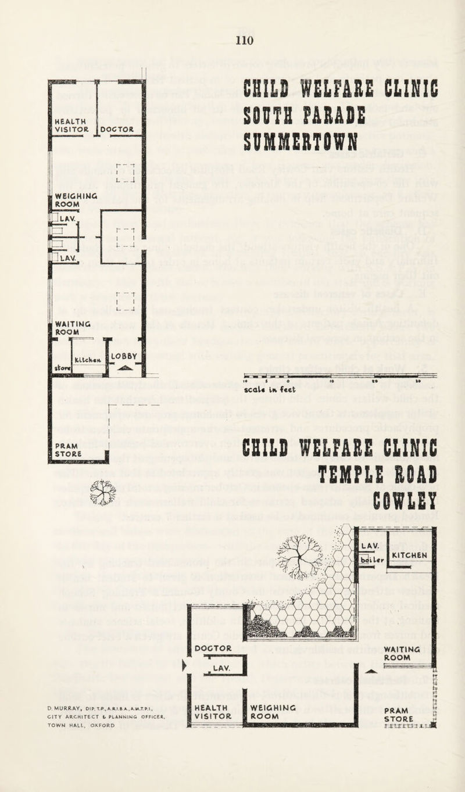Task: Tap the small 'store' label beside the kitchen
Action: (60, 368)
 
